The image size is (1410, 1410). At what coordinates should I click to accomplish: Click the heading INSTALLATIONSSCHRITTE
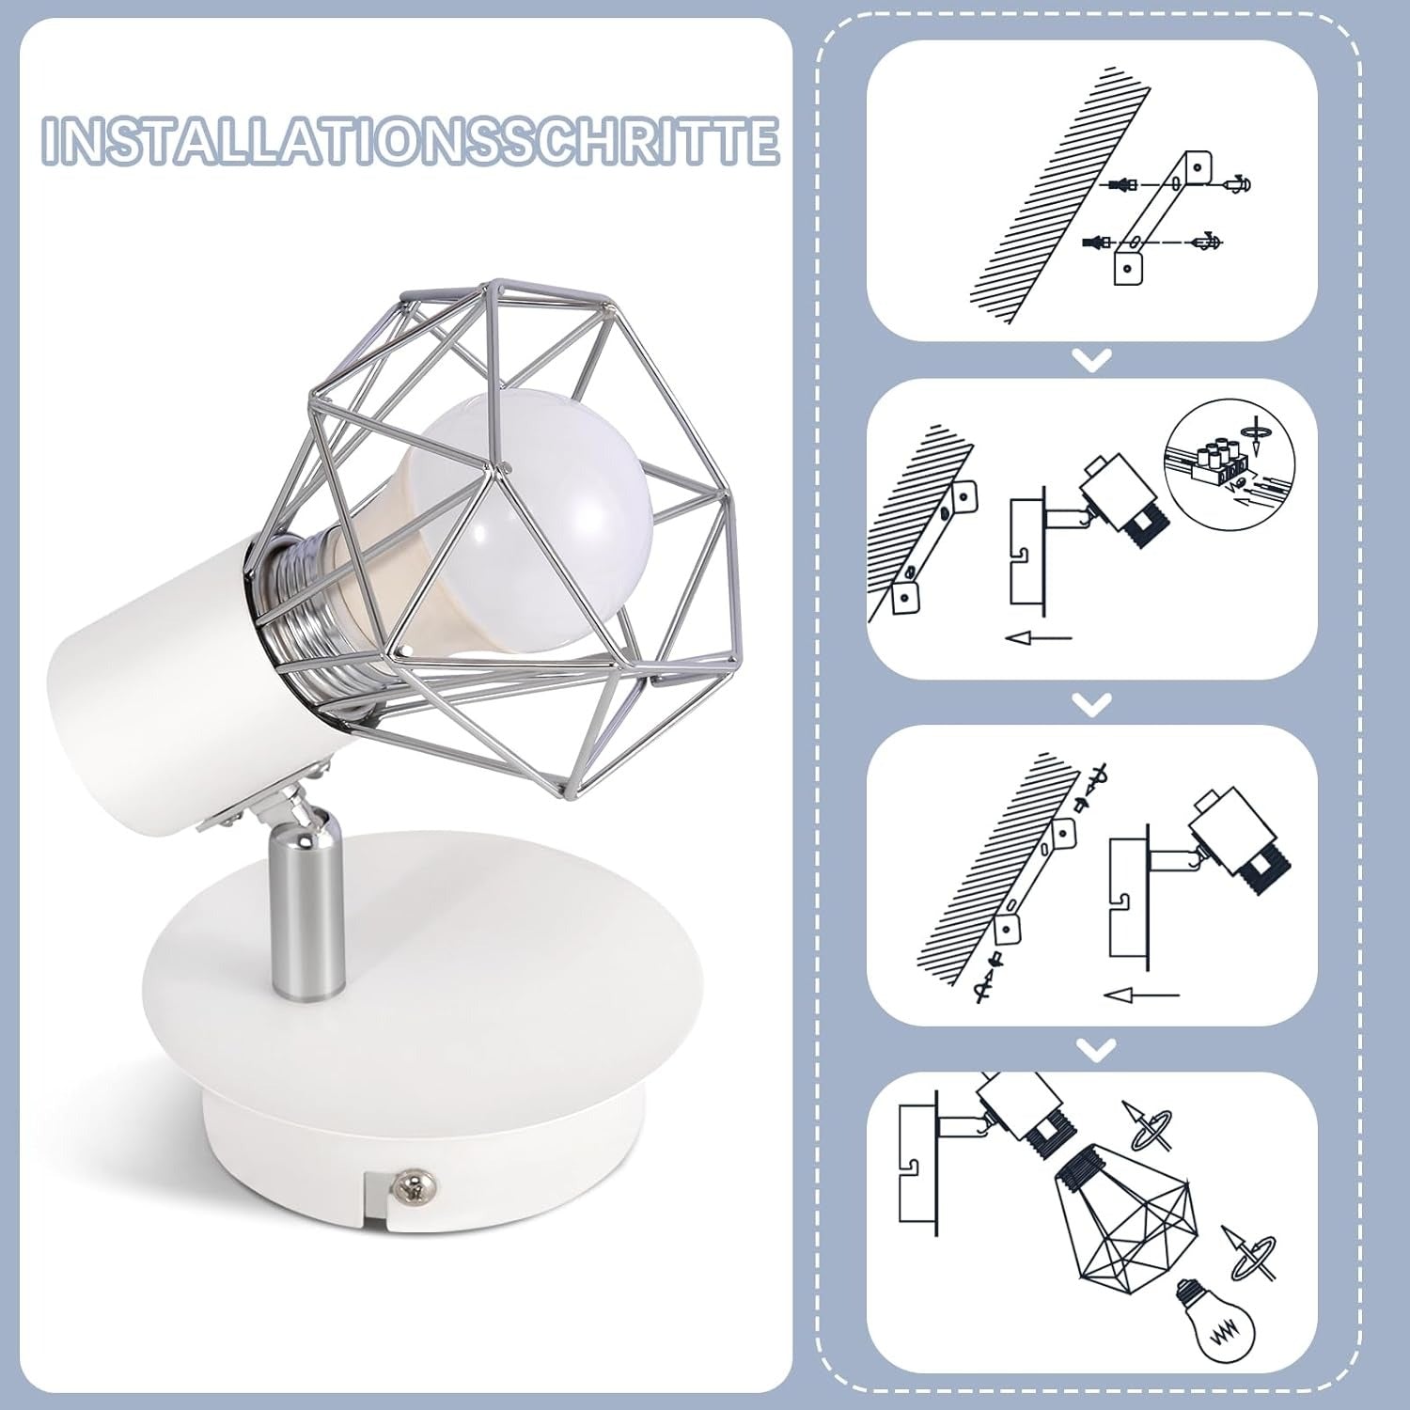click(x=411, y=141)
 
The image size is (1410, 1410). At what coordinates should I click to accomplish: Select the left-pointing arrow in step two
click(x=1039, y=638)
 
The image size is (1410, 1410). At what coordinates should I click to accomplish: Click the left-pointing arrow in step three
click(x=1140, y=994)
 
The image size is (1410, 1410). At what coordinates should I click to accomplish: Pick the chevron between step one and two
click(x=1091, y=359)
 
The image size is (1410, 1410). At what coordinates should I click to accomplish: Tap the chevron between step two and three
click(x=1091, y=703)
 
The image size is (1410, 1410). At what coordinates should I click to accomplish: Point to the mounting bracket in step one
click(x=1162, y=216)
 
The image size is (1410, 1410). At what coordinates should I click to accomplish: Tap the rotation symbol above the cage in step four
click(x=1148, y=1126)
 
